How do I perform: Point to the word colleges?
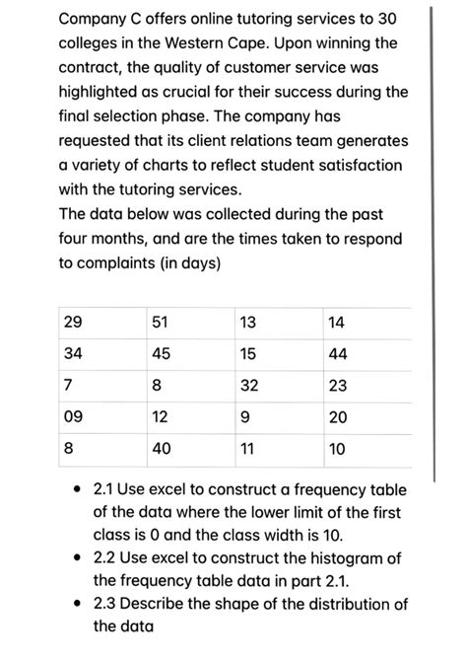[92, 43]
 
